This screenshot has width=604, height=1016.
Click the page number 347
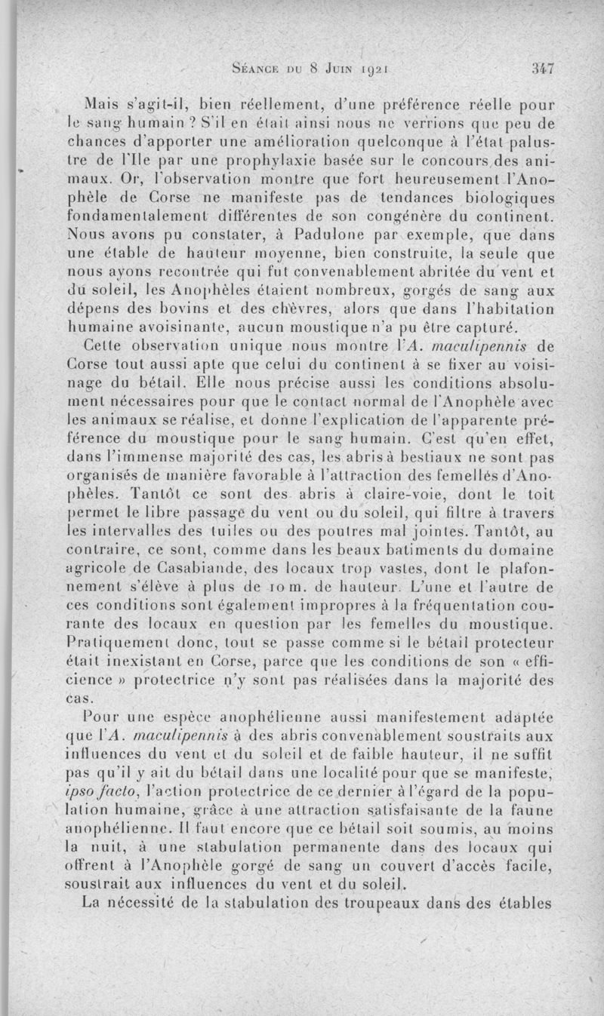(x=543, y=68)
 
